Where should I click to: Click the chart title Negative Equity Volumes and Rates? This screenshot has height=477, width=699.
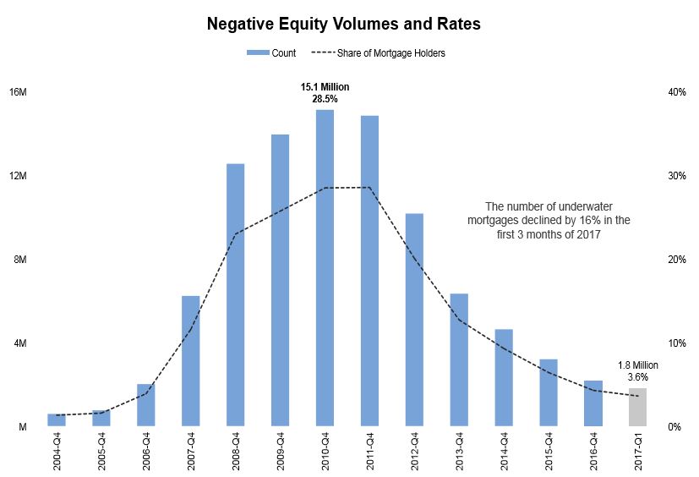(x=343, y=25)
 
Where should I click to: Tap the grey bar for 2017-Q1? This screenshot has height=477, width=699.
(x=638, y=408)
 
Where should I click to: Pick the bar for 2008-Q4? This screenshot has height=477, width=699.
(x=236, y=295)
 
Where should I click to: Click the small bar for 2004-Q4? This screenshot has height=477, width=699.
(x=57, y=420)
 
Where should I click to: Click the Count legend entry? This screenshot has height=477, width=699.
(x=271, y=53)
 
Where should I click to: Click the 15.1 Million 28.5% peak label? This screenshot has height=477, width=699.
(x=325, y=93)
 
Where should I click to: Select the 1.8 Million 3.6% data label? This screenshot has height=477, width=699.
(x=638, y=371)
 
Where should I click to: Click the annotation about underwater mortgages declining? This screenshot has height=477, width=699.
(x=549, y=221)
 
